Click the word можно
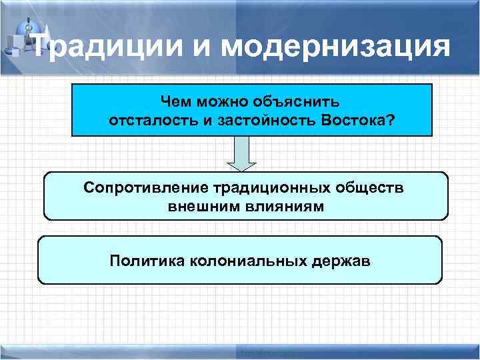pos(221,102)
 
